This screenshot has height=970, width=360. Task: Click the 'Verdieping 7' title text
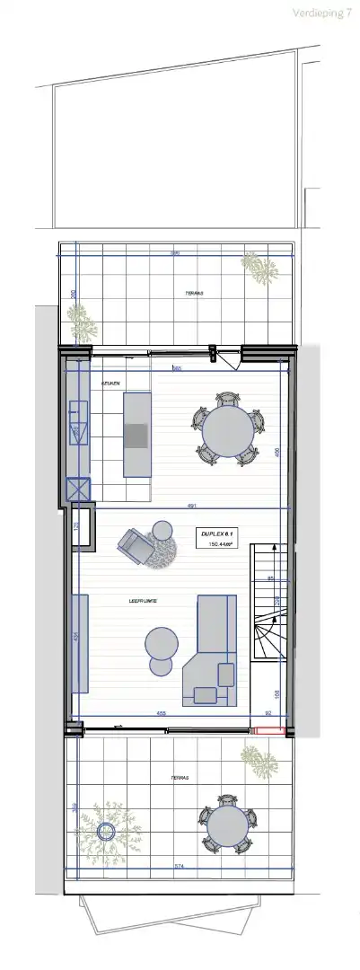click(321, 13)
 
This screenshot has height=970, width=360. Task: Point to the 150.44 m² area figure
click(221, 544)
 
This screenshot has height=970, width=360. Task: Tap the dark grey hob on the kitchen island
click(136, 436)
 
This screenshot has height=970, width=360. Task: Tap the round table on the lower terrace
click(226, 825)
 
